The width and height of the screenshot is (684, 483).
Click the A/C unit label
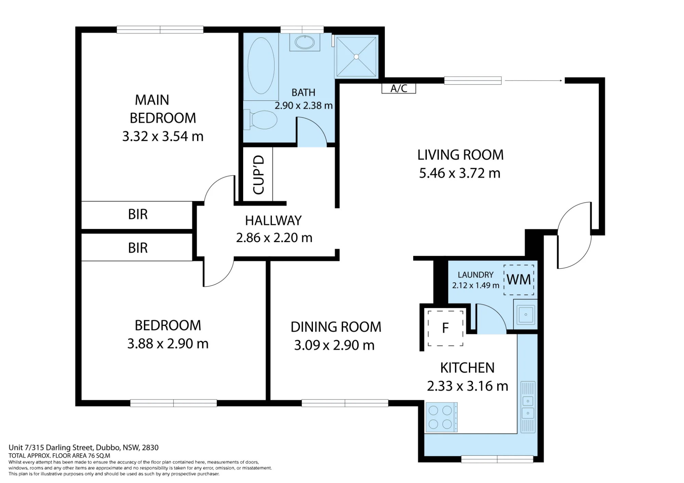pos(399,89)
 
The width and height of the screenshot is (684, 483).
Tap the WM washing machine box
pos(519,280)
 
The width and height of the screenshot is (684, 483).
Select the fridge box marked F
pos(445,328)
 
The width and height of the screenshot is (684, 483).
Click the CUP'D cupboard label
pos(259,175)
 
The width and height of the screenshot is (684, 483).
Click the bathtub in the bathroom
pos(261,66)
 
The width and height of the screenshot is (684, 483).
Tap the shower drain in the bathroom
pos(356,57)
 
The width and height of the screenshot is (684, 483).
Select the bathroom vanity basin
pos(305,43)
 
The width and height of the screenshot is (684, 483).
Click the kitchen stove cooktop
pos(442,417)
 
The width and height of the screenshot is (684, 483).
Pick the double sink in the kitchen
pos(528,407)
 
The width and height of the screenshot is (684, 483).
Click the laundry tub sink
pos(526,314)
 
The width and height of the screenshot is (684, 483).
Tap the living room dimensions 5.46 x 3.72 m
pos(460,173)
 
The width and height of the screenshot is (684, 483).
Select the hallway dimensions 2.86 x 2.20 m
pos(274,238)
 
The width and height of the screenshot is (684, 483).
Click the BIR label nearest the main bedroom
pos(138,214)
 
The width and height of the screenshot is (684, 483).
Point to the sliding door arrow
pos(534,81)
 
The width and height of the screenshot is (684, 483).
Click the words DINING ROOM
pos(336,327)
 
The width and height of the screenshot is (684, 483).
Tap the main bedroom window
pos(160,30)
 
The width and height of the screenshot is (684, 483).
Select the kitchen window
pos(497,459)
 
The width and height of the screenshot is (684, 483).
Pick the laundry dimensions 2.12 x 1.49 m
pos(476,285)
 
